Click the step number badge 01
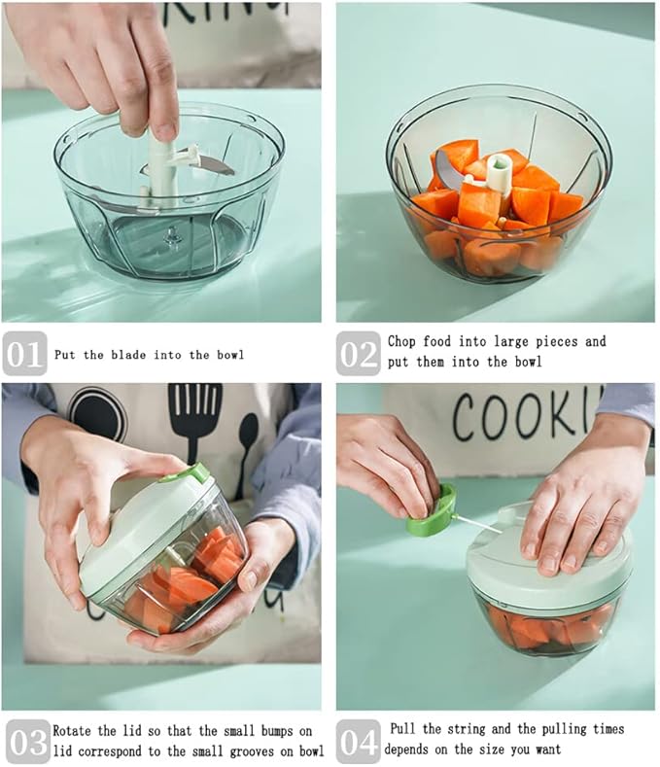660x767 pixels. pyautogui.click(x=24, y=354)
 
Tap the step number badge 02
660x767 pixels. pyautogui.click(x=359, y=354)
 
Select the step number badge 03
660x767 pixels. pyautogui.click(x=27, y=743)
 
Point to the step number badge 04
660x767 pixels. pyautogui.click(x=359, y=743)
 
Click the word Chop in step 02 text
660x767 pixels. pyautogui.click(x=402, y=341)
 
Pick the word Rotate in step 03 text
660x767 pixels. pyautogui.click(x=73, y=729)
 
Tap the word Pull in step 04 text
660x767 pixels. pyautogui.click(x=407, y=728)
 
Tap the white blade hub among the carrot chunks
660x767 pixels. pyautogui.click(x=500, y=173)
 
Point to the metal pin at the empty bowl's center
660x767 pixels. pyautogui.click(x=172, y=234)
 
